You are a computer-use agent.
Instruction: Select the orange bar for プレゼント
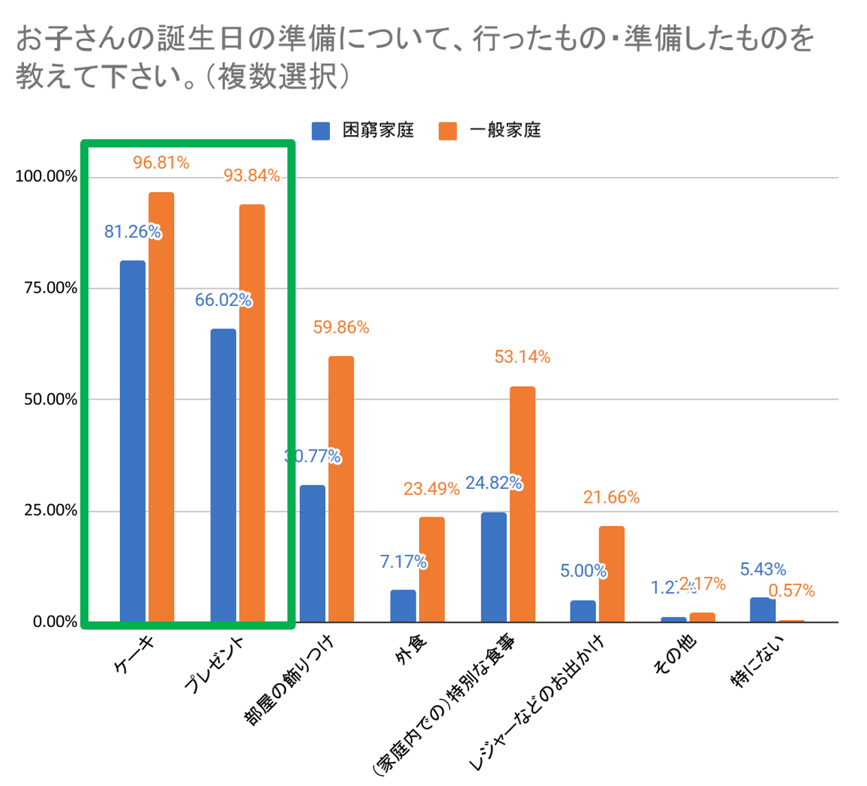[252, 413]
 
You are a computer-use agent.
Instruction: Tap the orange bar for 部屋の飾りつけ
[341, 489]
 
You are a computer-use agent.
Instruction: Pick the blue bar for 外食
[403, 606]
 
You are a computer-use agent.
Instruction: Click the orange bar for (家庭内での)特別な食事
[522, 504]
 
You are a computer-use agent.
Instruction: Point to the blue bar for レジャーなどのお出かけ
[583, 611]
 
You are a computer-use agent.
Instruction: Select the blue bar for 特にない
[763, 610]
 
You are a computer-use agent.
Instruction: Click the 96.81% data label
[161, 163]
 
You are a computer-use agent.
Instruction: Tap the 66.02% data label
[223, 300]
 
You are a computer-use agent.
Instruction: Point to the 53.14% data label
[523, 357]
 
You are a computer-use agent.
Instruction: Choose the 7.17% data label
[403, 562]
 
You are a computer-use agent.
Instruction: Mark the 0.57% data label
[792, 591]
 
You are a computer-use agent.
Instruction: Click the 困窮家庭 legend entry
[364, 130]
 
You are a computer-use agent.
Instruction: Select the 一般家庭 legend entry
[490, 130]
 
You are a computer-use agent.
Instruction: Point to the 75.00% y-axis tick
[47, 288]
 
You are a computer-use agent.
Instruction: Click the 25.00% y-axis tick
[47, 511]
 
